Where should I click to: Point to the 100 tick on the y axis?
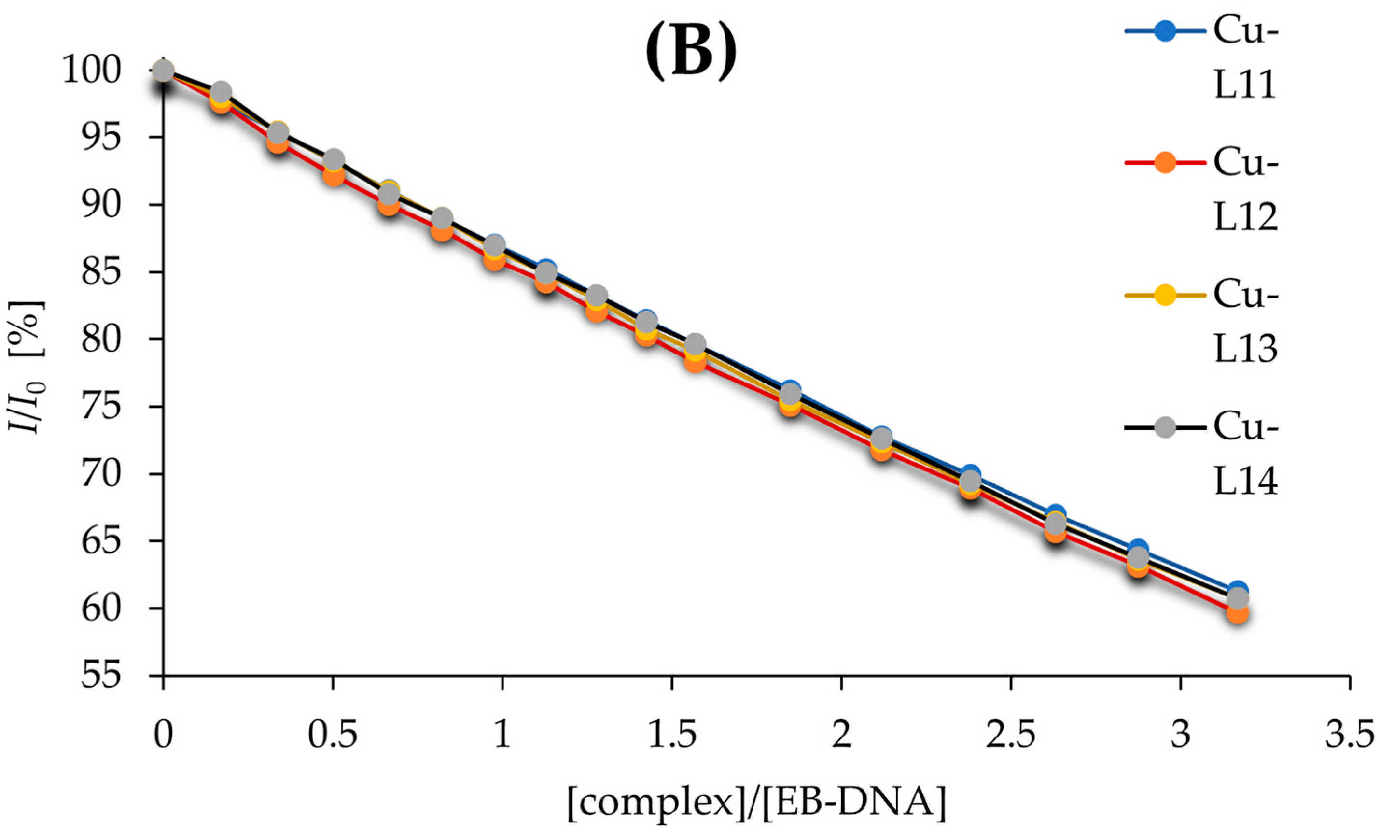click(98, 71)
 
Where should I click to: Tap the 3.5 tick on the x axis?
click(1349, 735)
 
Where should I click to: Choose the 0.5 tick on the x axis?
click(333, 735)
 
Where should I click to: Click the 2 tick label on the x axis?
click(841, 735)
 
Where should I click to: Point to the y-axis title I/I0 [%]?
click(27, 367)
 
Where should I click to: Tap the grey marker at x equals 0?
click(163, 71)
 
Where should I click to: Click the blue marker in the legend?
click(1164, 31)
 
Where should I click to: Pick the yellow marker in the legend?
click(1164, 295)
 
